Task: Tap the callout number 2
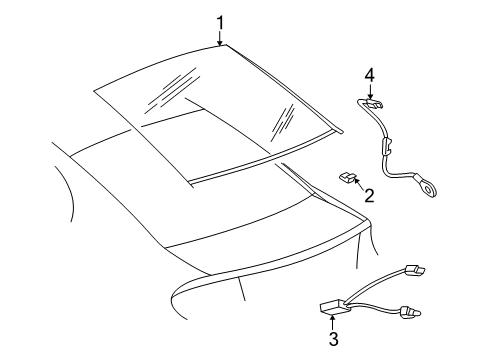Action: click(x=369, y=195)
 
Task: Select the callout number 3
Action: click(x=335, y=339)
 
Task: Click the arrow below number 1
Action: click(x=221, y=38)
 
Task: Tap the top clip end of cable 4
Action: click(x=371, y=101)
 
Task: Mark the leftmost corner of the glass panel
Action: click(x=95, y=93)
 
